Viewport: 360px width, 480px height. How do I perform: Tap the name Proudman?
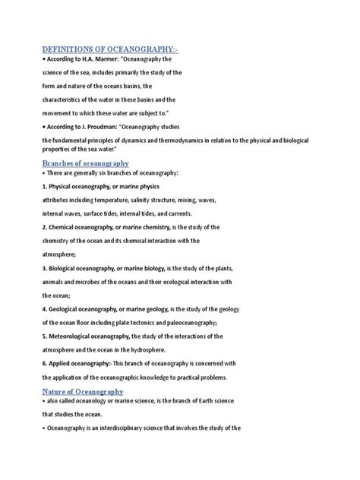[x=116, y=125]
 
